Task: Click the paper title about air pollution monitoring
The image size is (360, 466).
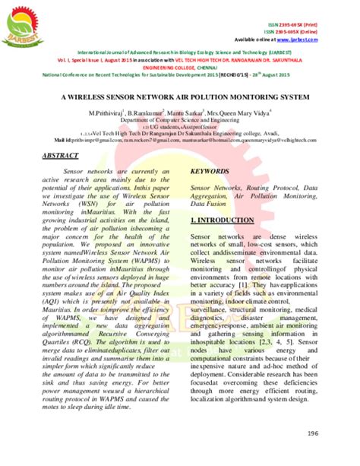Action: tap(180, 99)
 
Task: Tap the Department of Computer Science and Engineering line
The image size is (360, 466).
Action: tap(180, 120)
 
